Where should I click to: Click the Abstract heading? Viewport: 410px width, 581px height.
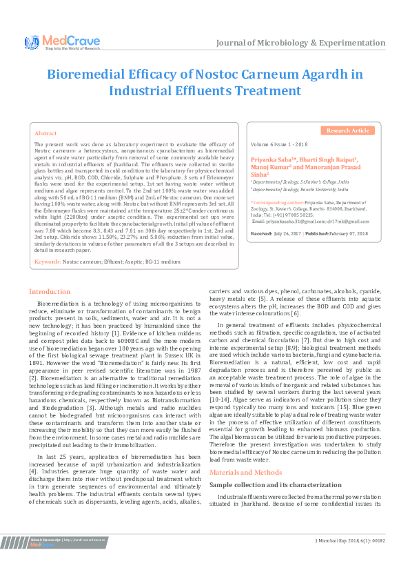(45, 132)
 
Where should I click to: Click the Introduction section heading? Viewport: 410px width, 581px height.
(49, 292)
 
